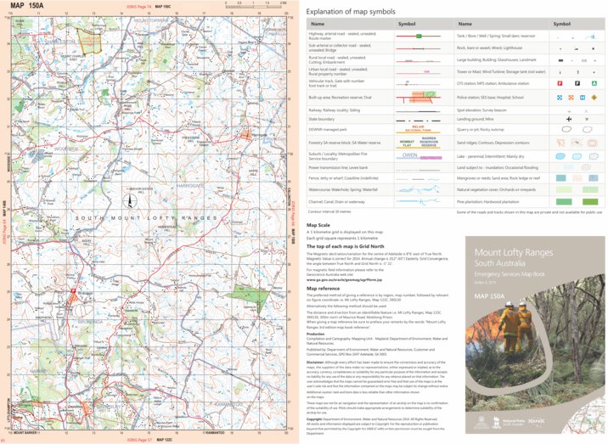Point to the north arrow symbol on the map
point(130,200)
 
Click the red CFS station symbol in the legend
point(560,84)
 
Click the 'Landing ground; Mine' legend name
point(476,119)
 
